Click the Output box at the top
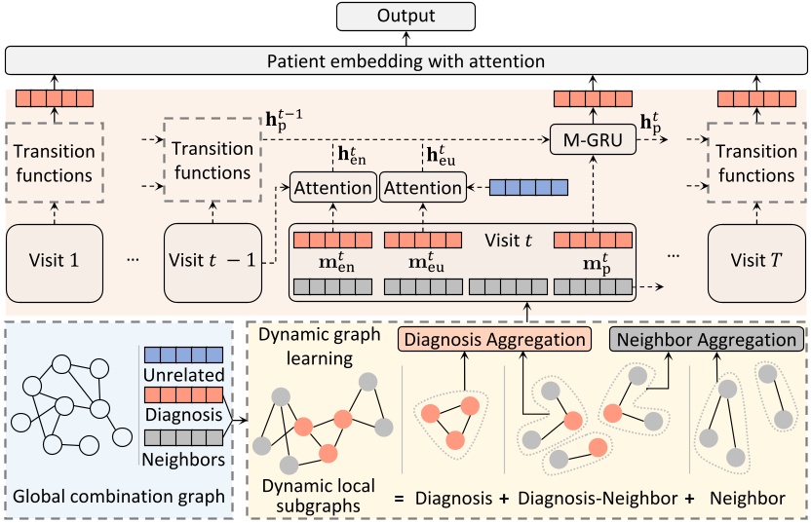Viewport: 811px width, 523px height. point(405,17)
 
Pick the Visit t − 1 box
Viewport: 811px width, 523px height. point(212,261)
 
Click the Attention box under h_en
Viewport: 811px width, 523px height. point(332,188)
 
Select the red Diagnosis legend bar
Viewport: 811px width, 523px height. point(182,395)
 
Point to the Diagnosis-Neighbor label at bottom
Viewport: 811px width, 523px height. point(597,498)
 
